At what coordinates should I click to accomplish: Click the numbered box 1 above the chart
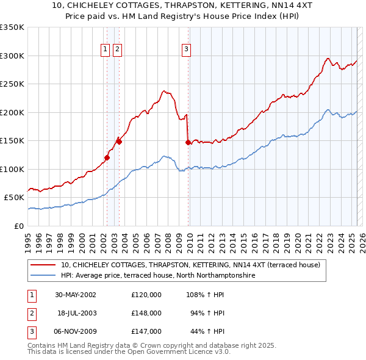tap(106, 50)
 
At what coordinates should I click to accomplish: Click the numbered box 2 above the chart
tap(117, 50)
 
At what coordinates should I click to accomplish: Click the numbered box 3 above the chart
tap(186, 50)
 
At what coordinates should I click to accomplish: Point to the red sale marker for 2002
tap(107, 157)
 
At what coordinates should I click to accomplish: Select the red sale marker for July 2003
tap(119, 142)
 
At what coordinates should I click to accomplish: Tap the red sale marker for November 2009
tap(188, 142)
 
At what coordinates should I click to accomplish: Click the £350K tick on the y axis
tap(12, 27)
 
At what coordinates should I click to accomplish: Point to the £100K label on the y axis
tap(12, 169)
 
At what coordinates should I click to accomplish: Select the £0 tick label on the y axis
tap(18, 226)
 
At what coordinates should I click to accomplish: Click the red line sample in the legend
tap(43, 265)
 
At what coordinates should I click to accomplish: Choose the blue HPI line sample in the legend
tap(43, 275)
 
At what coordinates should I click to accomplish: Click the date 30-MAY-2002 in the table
tap(76, 295)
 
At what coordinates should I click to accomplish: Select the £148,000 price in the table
tap(146, 313)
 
